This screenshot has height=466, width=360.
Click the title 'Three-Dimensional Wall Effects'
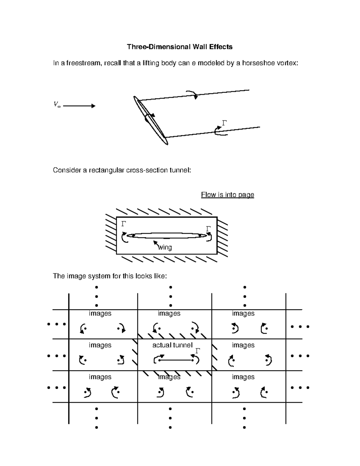179,47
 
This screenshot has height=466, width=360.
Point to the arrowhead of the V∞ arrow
93,106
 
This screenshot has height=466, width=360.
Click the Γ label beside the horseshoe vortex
224,123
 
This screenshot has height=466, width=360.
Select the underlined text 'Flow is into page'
227,195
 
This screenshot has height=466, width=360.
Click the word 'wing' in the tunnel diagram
165,248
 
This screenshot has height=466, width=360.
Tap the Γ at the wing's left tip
124,224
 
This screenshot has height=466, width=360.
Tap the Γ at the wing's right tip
208,229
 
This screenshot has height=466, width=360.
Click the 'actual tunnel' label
172,345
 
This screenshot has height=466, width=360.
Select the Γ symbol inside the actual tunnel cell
198,351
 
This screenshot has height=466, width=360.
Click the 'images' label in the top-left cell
100,313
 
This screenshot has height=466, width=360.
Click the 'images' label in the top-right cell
243,313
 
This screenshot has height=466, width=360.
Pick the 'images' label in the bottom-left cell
100,377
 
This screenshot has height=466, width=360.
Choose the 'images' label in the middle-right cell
243,345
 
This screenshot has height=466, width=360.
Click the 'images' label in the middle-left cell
100,345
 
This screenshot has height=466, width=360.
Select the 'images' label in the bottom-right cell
243,377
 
